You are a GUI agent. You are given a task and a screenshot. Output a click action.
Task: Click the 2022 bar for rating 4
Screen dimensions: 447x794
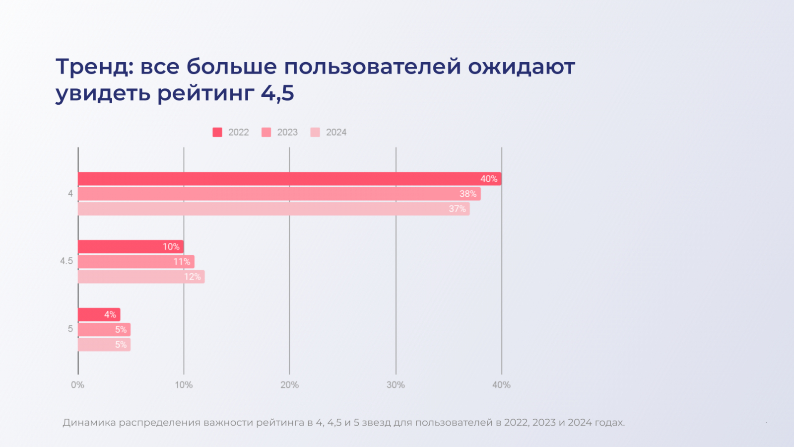(289, 179)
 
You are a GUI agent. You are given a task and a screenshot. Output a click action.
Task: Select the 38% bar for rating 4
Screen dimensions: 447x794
(279, 194)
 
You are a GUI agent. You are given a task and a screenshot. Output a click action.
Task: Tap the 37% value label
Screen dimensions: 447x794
(457, 209)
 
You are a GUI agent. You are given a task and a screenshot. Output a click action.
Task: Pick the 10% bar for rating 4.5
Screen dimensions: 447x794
(131, 247)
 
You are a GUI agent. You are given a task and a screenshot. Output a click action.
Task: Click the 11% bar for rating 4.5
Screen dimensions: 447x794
(135, 262)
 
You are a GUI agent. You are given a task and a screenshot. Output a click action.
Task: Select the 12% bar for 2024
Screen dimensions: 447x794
(141, 277)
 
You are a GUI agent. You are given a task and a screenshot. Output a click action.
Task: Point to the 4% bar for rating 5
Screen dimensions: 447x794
(99, 314)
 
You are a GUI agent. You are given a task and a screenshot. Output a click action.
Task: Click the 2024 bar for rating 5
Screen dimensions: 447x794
(104, 345)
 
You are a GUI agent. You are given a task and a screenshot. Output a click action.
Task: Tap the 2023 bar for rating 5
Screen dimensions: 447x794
(104, 330)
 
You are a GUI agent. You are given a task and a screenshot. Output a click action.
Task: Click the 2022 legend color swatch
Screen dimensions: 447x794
(217, 132)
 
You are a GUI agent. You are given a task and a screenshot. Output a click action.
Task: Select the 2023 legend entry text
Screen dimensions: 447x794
(287, 132)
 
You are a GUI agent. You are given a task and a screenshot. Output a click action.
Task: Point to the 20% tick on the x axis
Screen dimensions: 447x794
(289, 385)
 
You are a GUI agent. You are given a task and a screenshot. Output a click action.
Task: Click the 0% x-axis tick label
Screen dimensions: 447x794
(77, 385)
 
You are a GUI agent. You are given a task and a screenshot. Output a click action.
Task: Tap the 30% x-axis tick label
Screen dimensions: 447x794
(396, 385)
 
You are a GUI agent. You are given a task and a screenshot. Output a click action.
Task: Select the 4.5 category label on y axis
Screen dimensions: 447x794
(66, 261)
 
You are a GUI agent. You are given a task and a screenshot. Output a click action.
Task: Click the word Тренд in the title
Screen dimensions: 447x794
(94, 67)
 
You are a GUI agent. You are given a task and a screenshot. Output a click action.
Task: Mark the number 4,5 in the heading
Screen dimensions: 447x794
(277, 93)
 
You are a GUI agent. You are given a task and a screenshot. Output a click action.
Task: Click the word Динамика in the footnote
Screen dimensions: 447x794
(89, 423)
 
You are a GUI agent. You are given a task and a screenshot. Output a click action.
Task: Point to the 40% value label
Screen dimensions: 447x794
(488, 179)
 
